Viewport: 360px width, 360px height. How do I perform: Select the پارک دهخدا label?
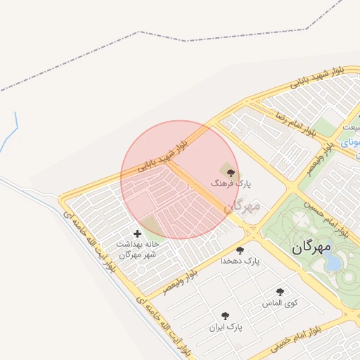point(240,261)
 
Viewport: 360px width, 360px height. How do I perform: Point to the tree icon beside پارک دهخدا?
point(240,250)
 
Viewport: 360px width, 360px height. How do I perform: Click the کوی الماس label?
point(280,303)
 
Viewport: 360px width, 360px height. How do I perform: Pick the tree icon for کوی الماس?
point(280,292)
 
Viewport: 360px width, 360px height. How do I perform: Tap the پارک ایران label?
point(225,327)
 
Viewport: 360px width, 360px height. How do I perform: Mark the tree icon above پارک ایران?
point(225,316)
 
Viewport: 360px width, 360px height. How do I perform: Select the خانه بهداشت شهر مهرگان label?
point(139,249)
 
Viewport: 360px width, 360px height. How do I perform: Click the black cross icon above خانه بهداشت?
point(136,233)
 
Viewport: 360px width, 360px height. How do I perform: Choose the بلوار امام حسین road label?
point(326,219)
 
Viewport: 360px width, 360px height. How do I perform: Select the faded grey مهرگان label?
point(243,206)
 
